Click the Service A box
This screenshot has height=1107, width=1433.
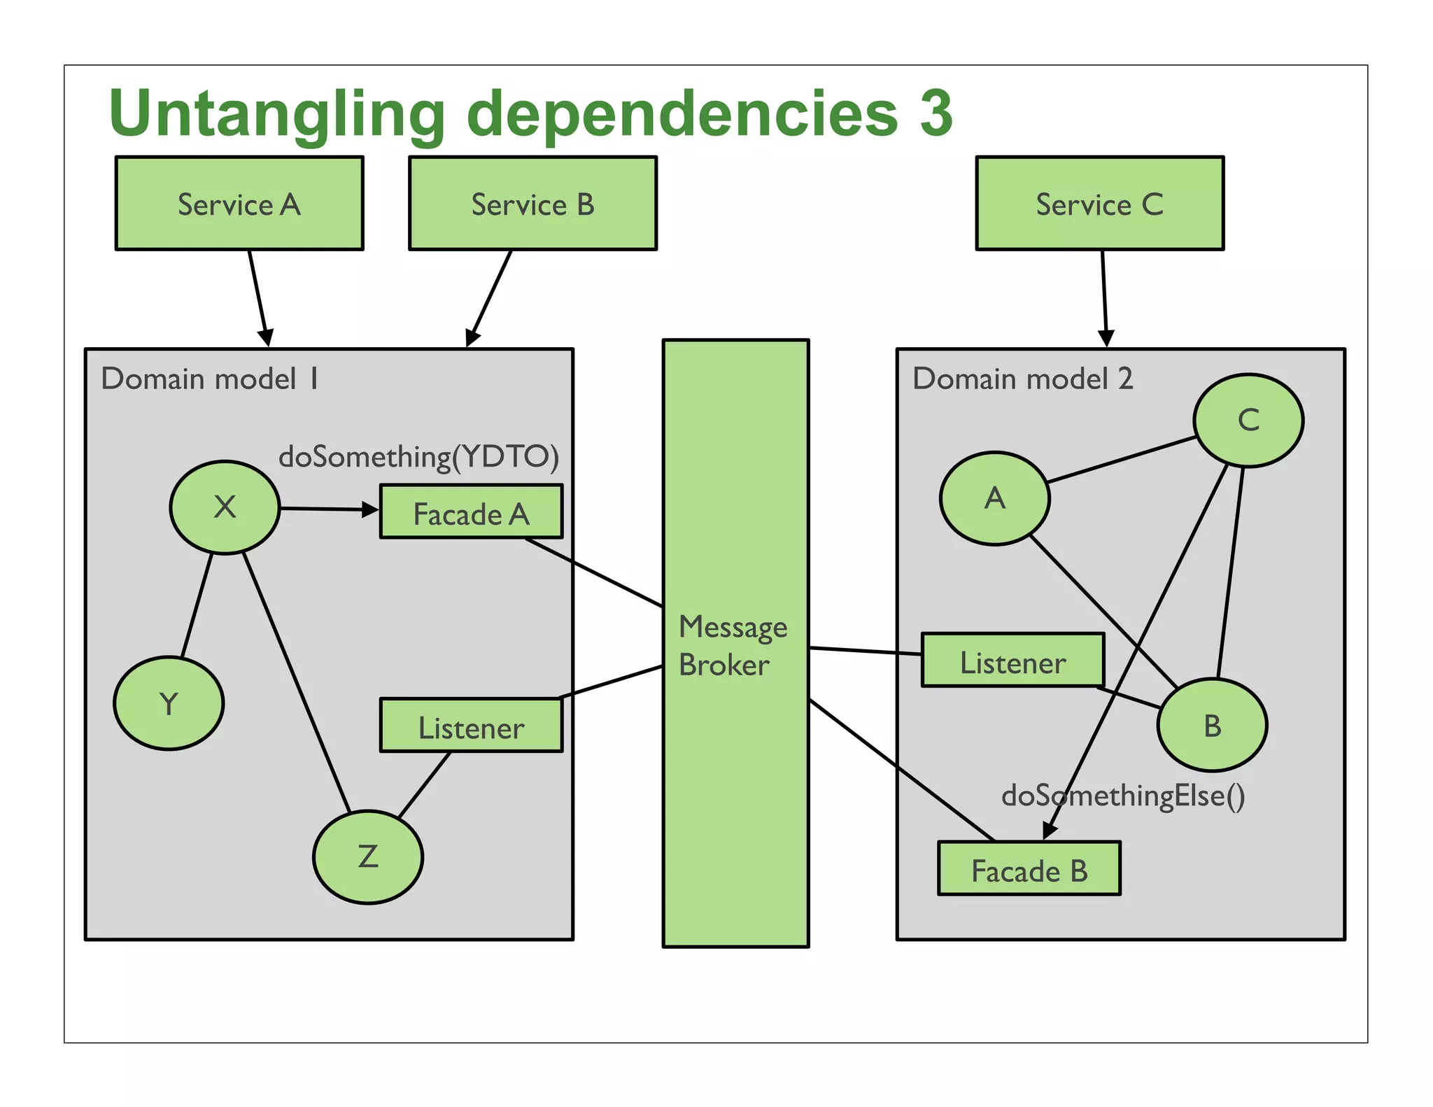[239, 203]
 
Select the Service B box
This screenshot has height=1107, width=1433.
[532, 203]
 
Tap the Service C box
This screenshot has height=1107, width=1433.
[1099, 203]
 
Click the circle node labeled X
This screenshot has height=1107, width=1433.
[225, 507]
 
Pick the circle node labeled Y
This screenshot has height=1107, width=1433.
[169, 703]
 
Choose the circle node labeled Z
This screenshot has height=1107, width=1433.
[368, 856]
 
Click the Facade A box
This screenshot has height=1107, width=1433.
[471, 512]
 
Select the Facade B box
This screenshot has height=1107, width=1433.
[1029, 868]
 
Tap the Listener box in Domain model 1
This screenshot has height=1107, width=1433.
[471, 726]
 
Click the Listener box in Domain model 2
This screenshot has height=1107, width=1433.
[1012, 661]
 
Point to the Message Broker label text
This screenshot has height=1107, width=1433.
[732, 645]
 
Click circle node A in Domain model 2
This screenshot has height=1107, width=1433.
[994, 498]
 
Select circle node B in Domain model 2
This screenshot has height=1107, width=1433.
[1212, 725]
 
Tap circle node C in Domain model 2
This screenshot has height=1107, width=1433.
[1248, 420]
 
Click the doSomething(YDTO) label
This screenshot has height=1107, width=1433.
[418, 457]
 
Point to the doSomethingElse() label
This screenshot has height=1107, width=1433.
[1123, 796]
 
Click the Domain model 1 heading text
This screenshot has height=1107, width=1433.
[209, 379]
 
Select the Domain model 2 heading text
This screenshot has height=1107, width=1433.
[1022, 379]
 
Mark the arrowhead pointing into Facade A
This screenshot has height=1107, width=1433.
[370, 510]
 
